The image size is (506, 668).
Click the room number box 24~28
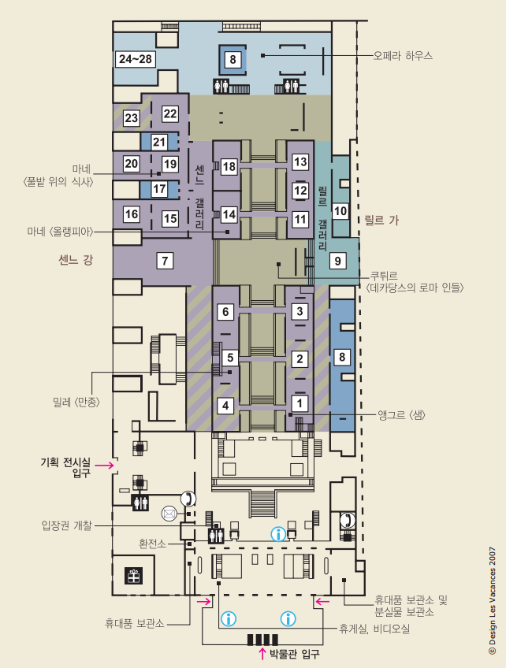(x=135, y=59)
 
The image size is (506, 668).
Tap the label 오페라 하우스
(x=403, y=55)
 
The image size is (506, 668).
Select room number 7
(x=165, y=260)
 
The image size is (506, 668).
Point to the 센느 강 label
(x=76, y=259)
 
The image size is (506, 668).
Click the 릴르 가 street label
(x=381, y=221)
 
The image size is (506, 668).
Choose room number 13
(x=300, y=162)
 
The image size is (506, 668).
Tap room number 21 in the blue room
(x=159, y=142)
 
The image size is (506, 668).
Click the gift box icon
(x=133, y=576)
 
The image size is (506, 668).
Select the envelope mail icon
(x=169, y=514)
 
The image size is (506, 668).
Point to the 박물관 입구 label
(x=295, y=654)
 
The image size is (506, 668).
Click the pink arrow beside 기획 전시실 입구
(x=105, y=466)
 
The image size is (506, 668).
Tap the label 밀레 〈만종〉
(x=76, y=402)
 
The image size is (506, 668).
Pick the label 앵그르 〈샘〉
(x=401, y=414)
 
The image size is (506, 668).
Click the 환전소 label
(x=152, y=544)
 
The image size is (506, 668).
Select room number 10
(x=340, y=211)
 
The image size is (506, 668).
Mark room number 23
(x=132, y=117)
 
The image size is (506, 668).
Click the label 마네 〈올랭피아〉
(x=60, y=232)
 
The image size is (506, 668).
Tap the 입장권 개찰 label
(x=66, y=525)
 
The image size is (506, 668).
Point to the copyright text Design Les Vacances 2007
(x=493, y=601)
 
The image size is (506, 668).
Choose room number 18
(x=229, y=166)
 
